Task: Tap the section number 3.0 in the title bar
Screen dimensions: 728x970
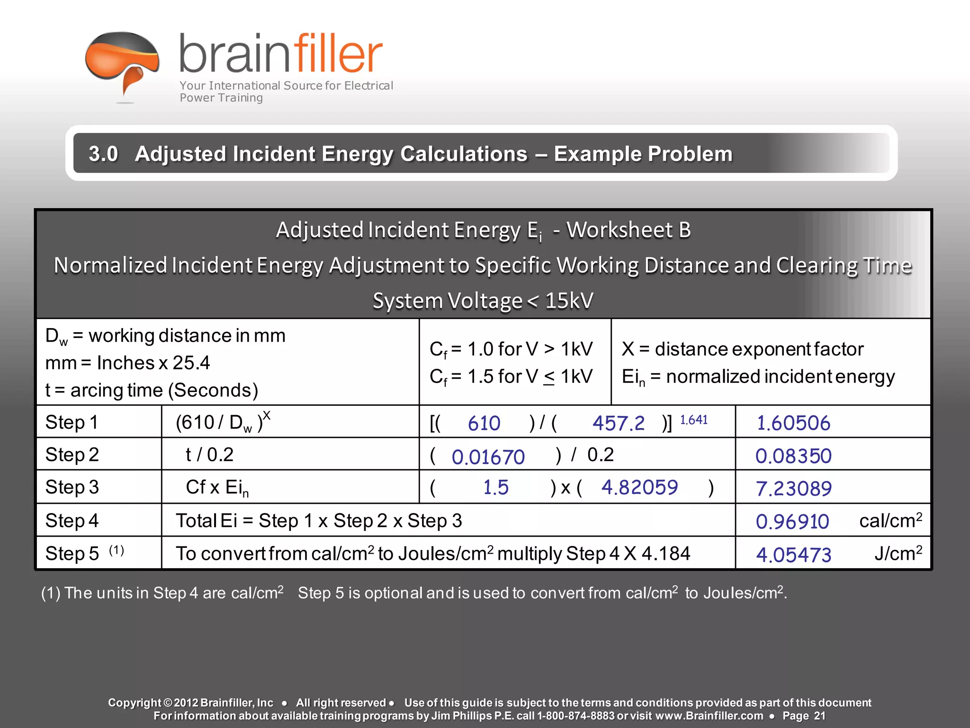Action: coord(103,154)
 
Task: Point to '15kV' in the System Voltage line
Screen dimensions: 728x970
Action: coord(569,300)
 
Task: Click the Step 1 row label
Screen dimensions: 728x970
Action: coord(72,422)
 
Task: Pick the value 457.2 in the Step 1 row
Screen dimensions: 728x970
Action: coord(618,423)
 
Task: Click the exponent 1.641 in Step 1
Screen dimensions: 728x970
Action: coord(693,420)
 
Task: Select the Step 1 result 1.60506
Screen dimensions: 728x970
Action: coord(793,423)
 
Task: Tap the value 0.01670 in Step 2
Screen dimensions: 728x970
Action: coord(488,457)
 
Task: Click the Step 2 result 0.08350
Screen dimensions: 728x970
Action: coord(793,456)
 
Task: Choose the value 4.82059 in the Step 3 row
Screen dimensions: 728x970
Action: coord(639,487)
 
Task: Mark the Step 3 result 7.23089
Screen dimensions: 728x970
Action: coord(793,489)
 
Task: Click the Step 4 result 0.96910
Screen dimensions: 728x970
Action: coord(792,521)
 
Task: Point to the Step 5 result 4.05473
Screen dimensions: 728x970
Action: coord(793,555)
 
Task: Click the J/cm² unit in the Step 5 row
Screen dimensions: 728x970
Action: coord(898,553)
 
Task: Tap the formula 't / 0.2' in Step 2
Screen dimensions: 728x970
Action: coord(209,455)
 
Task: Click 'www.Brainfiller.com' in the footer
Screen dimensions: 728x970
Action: coord(709,716)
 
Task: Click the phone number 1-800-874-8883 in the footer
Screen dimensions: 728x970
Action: coord(575,716)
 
